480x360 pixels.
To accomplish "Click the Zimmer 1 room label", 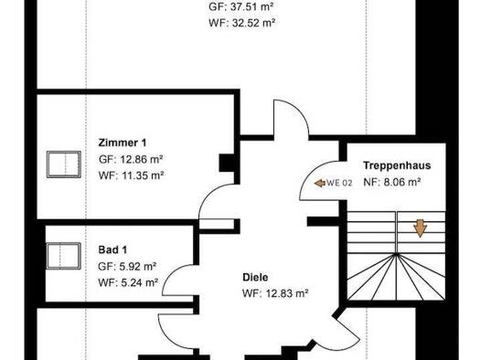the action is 123,143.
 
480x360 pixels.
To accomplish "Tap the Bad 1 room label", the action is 112,249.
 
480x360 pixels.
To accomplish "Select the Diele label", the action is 255,278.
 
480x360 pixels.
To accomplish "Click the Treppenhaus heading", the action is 397,165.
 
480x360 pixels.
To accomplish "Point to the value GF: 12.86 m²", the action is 131,159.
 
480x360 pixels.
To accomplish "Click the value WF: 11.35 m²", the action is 131,175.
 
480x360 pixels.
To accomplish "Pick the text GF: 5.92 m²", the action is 127,267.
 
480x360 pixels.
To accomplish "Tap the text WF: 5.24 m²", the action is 128,282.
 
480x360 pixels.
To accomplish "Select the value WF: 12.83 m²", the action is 275,293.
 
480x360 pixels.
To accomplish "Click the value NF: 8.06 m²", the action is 392,183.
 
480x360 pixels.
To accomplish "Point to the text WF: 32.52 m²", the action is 242,23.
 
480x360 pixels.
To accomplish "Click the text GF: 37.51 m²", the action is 241,6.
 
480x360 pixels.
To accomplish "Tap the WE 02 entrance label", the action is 339,183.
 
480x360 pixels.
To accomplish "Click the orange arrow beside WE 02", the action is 320,184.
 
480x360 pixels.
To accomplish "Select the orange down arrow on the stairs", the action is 420,228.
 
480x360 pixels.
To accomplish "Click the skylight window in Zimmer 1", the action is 64,164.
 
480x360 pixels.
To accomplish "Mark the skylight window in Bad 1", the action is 64,256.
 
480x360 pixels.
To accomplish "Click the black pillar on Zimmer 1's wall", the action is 227,163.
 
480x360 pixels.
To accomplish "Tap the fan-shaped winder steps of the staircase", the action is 397,277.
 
